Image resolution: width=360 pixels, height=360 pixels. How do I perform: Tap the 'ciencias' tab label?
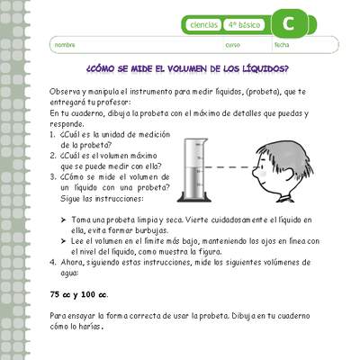click(202, 25)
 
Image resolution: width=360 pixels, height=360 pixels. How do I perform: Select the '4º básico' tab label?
click(244, 25)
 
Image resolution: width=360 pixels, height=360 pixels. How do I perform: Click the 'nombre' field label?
click(65, 44)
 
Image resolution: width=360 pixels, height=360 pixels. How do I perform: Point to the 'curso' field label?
click(232, 44)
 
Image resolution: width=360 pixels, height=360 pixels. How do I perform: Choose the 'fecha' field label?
click(282, 44)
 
